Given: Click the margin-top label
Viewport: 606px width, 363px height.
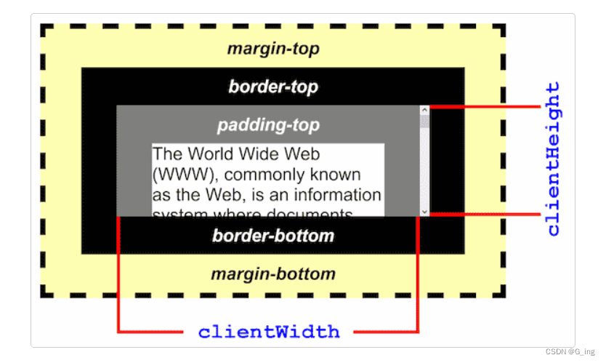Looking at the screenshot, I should [x=272, y=49].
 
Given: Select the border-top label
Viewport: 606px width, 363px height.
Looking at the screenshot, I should [x=272, y=87].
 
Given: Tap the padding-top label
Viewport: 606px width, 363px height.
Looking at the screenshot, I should [x=268, y=125].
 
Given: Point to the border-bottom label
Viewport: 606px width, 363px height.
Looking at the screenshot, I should [x=272, y=236].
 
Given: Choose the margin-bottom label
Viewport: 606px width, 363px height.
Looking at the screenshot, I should [x=272, y=274].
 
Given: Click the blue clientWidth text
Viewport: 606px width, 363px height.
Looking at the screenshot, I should [x=269, y=332].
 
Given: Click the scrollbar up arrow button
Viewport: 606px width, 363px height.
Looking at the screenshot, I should [x=424, y=111].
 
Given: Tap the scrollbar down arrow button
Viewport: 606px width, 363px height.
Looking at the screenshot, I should [x=424, y=210].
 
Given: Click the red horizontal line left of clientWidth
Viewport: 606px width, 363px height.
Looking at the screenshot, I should [x=150, y=332].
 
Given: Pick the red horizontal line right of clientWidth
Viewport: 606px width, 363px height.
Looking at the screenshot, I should [x=385, y=332].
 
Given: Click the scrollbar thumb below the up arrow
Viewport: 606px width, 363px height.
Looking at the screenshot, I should [x=424, y=121].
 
